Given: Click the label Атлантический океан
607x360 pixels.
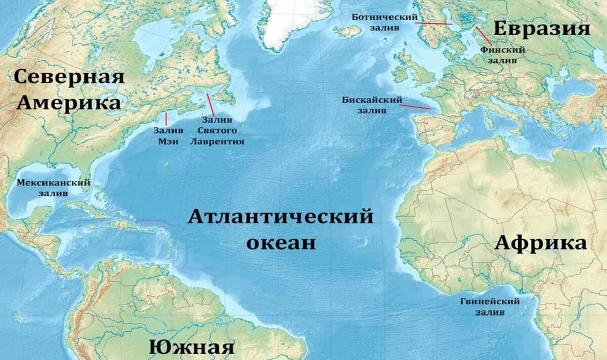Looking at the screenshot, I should (281, 230).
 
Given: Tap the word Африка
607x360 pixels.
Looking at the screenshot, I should (541, 243).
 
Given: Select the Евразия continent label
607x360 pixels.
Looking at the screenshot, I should (542, 29).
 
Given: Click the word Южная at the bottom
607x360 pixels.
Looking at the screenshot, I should (192, 348).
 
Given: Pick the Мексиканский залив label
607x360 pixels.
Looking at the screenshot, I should (54, 188).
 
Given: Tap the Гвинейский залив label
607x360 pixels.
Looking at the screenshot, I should (490, 307).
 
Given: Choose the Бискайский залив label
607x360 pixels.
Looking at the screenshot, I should (372, 105).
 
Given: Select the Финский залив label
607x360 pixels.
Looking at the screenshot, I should (503, 55).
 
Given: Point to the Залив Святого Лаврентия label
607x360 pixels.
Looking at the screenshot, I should (217, 130).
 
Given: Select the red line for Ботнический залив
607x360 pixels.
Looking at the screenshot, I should (435, 23).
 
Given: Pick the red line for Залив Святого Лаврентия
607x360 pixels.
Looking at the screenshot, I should (210, 105).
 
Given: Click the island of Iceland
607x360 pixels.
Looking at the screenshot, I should (347, 31).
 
